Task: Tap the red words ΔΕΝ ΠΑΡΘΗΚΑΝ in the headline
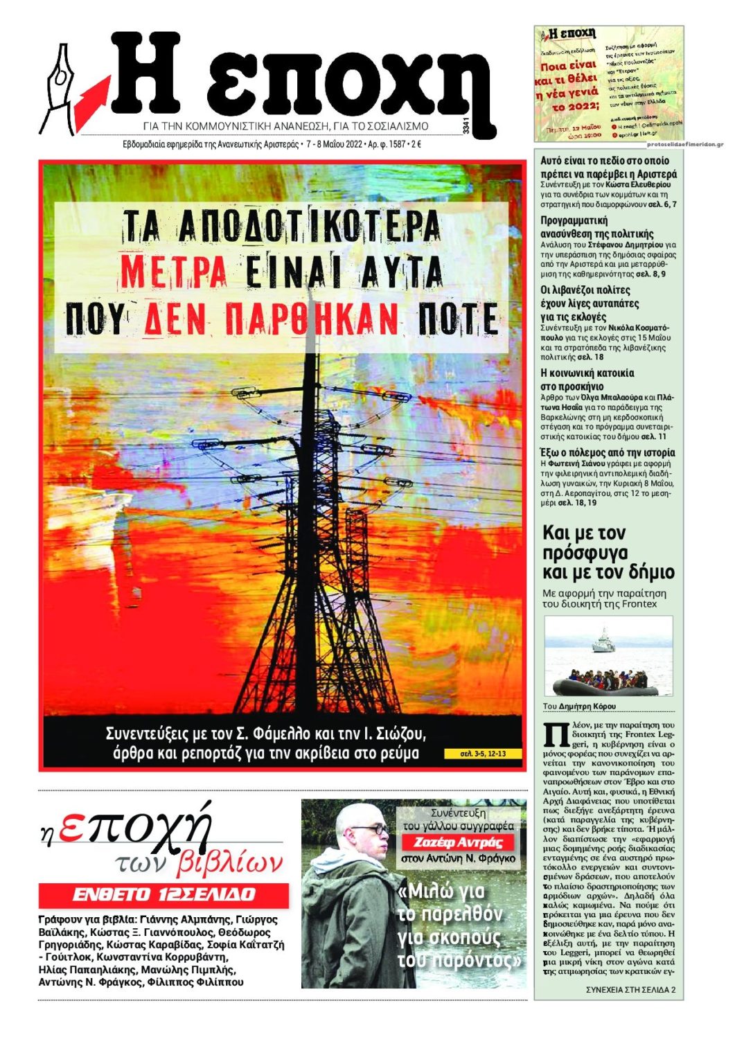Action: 272,319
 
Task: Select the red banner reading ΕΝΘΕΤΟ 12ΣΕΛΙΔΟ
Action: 163,894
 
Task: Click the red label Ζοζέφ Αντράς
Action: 457,842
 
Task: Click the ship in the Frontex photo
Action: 603,641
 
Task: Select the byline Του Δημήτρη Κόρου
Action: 579,707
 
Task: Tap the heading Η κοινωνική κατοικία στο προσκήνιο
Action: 587,380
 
